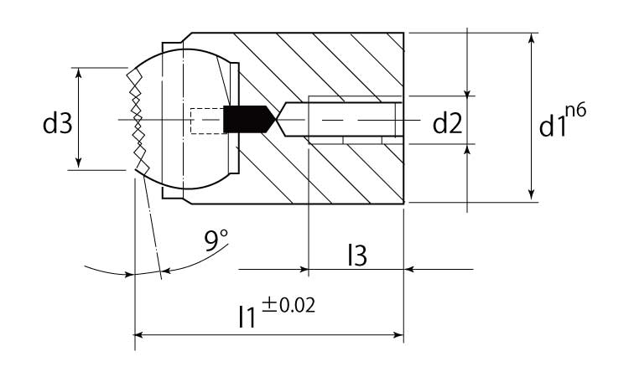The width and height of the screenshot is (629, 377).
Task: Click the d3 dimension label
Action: point(57,123)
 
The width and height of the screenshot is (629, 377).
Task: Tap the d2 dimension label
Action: point(447,123)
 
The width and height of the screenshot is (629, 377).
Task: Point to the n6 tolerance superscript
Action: point(576,110)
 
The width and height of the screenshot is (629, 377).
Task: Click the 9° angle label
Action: point(216,240)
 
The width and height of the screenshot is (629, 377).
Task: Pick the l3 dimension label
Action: point(357,256)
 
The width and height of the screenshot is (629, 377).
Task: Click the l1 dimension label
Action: point(247,317)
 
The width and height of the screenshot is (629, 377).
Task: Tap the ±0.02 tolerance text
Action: point(289,305)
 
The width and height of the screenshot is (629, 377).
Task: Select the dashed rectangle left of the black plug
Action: point(206,121)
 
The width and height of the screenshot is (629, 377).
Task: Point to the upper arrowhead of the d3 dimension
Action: point(79,72)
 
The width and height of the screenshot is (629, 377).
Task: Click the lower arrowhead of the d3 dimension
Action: point(79,163)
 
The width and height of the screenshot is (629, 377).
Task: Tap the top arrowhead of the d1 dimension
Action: point(532,39)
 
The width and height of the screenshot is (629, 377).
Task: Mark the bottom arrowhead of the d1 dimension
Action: point(532,195)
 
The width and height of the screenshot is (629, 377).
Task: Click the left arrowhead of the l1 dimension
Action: point(138,334)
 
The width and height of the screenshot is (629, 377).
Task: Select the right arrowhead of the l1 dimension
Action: point(398,334)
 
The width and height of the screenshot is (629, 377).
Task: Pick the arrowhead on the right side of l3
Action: point(408,269)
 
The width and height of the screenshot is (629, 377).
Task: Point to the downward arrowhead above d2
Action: point(467,92)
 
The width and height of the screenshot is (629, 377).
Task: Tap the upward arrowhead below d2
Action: point(467,149)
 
